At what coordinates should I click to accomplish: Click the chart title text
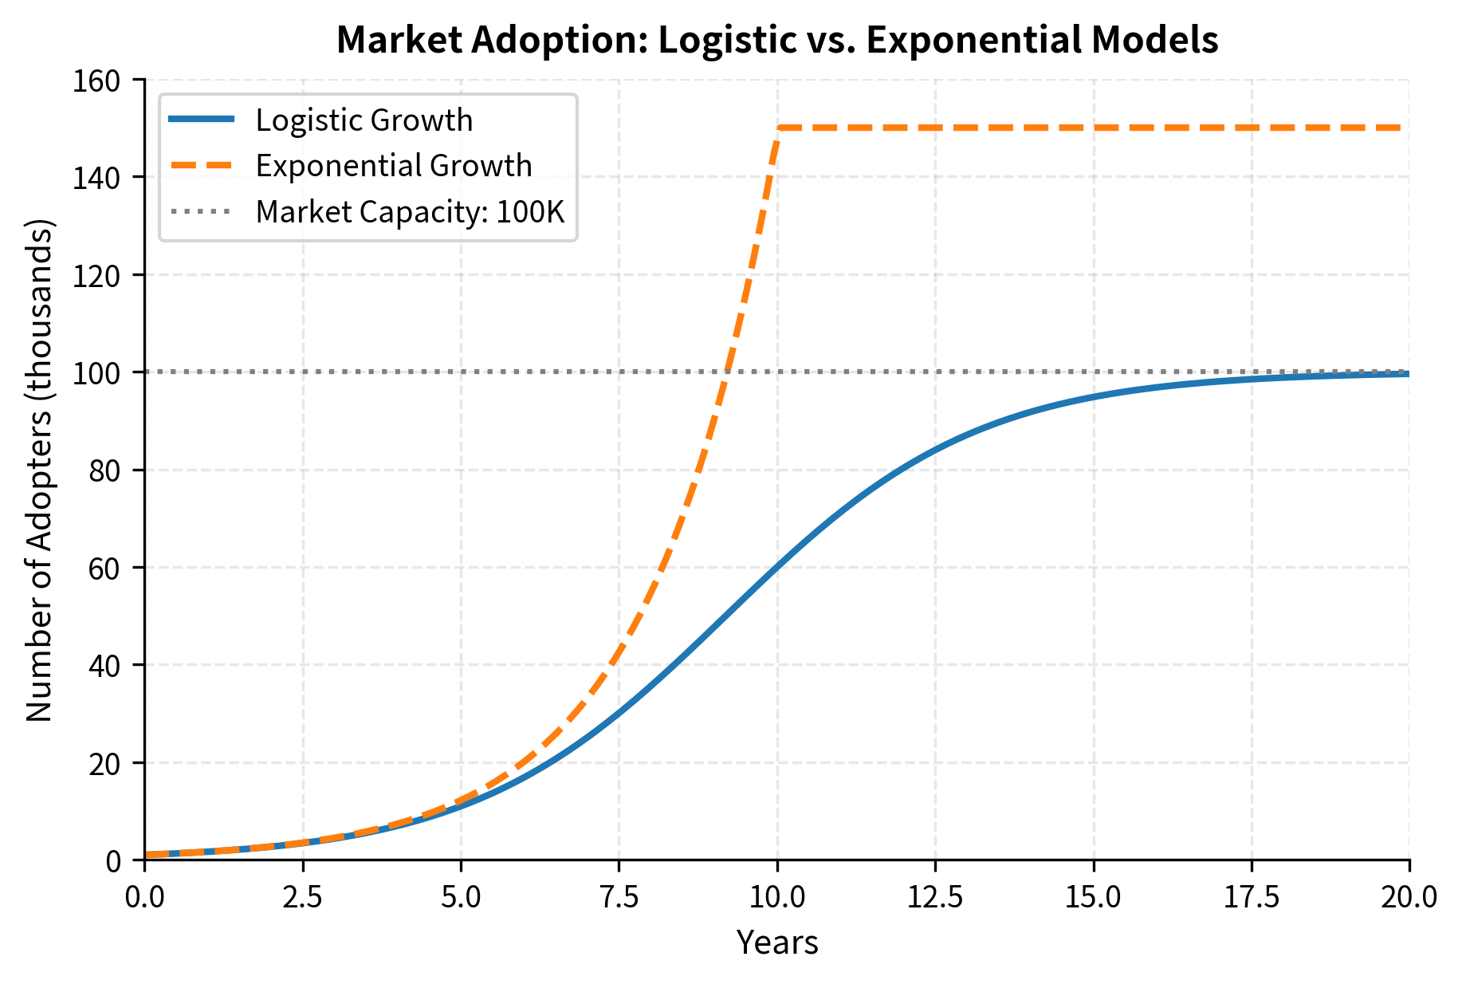tap(776, 40)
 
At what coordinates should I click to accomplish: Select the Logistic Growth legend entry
tap(364, 120)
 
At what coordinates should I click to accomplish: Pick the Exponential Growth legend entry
tap(393, 166)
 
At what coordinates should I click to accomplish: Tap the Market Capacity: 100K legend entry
tap(410, 212)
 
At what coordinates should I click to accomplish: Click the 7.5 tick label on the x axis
tap(619, 897)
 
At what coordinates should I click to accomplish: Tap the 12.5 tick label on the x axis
tap(935, 897)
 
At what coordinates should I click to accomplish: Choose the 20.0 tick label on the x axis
tap(1409, 897)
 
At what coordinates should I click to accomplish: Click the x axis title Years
tap(776, 943)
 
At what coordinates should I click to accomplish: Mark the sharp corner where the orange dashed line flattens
tap(778, 128)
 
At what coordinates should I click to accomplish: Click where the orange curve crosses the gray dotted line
tap(725, 372)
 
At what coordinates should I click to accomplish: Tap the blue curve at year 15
tap(1093, 396)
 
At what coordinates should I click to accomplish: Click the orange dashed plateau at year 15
tap(1093, 128)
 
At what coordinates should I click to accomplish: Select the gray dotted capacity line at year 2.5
tap(303, 372)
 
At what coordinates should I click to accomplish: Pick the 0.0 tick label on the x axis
tap(145, 897)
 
